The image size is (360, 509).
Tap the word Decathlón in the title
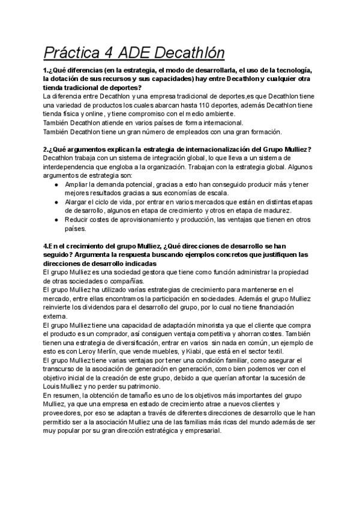click(191, 53)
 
